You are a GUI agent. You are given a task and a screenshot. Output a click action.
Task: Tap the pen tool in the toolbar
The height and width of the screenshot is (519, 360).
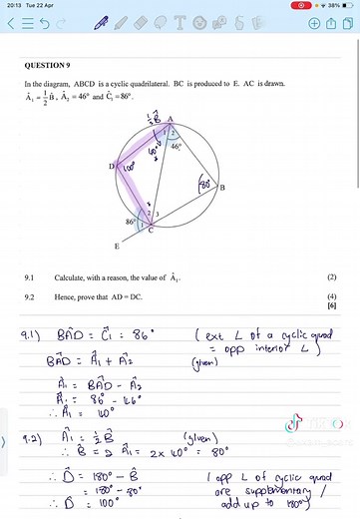(x=103, y=22)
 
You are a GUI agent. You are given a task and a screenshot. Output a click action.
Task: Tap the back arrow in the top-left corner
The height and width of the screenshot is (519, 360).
(x=12, y=22)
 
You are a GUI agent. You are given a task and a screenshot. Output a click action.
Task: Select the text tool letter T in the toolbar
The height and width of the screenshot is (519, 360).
(x=180, y=22)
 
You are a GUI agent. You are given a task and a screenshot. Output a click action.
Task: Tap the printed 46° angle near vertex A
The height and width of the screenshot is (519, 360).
(x=178, y=147)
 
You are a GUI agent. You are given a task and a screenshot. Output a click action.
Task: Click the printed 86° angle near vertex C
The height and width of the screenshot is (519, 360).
(x=131, y=222)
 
